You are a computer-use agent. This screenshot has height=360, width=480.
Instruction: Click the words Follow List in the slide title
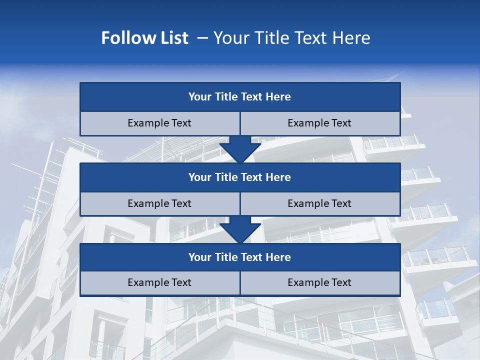pyautogui.click(x=144, y=38)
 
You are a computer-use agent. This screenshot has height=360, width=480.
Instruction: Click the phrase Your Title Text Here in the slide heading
pyautogui.click(x=292, y=38)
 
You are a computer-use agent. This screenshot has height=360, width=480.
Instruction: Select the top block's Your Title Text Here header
pyautogui.click(x=239, y=97)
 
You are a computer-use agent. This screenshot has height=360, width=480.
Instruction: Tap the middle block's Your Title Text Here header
pyautogui.click(x=239, y=177)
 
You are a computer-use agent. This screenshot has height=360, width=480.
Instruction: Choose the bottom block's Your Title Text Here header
pyautogui.click(x=239, y=257)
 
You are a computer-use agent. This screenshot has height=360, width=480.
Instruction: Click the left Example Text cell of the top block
pyautogui.click(x=159, y=123)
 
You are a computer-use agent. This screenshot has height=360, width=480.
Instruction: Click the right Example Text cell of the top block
pyautogui.click(x=319, y=123)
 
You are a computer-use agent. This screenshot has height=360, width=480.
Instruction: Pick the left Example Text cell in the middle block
pyautogui.click(x=159, y=203)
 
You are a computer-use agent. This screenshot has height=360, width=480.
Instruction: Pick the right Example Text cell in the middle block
pyautogui.click(x=319, y=203)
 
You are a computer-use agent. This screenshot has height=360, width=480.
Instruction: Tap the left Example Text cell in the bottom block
pyautogui.click(x=159, y=282)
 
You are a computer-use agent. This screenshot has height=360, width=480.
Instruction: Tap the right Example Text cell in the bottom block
pyautogui.click(x=319, y=282)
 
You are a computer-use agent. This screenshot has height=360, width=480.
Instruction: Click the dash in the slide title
pyautogui.click(x=202, y=38)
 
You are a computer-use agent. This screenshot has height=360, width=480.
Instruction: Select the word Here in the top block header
pyautogui.click(x=278, y=97)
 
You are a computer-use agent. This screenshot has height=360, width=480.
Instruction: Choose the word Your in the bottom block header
pyautogui.click(x=200, y=257)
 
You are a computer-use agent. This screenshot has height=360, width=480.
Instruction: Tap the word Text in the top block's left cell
pyautogui.click(x=181, y=123)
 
